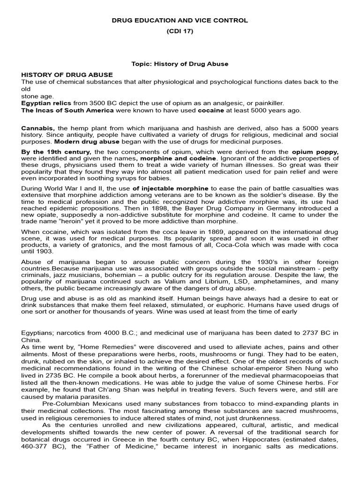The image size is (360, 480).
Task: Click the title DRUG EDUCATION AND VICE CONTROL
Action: pos(180,21)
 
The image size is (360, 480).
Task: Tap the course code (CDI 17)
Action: pos(180,31)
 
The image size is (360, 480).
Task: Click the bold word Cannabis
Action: pos(38,128)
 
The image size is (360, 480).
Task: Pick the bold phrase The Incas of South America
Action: pos(67,110)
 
